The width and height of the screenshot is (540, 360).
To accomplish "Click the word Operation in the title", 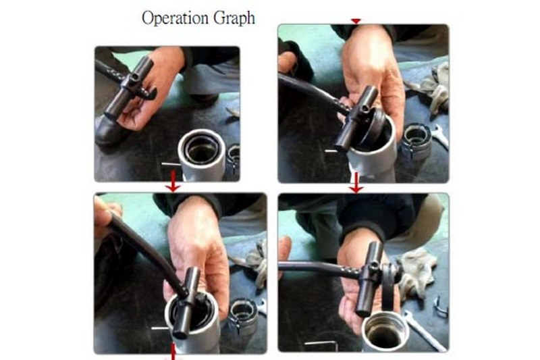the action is click(175, 18).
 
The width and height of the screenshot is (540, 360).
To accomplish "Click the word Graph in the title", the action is click(234, 18).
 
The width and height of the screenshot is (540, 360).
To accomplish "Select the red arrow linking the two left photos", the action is click(173, 181).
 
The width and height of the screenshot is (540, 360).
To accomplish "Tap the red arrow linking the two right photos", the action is click(356, 182).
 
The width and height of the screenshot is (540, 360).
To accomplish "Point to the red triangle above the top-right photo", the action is click(356, 22).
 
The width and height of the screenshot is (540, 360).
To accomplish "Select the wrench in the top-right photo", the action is click(439, 135).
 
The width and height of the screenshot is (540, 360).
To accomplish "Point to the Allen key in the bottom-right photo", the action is click(320, 342).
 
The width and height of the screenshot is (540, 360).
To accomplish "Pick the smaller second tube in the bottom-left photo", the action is click(243, 319).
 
